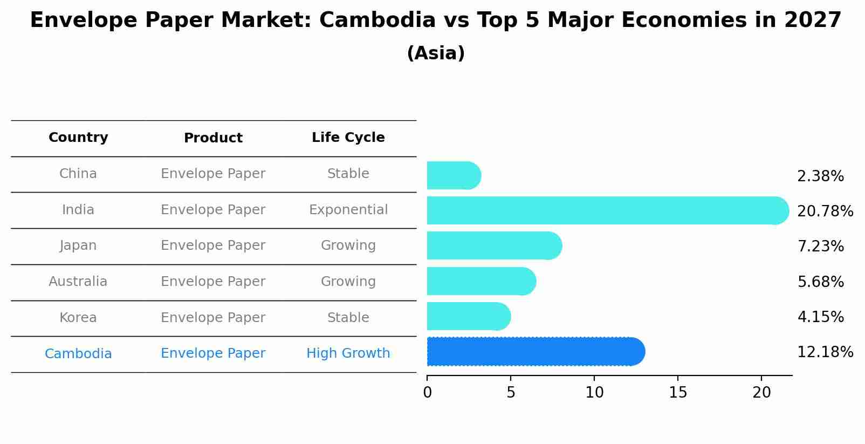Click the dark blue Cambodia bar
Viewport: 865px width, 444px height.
(535, 352)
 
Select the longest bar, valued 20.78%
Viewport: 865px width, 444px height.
(607, 210)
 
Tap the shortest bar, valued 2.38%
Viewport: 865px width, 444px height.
(453, 176)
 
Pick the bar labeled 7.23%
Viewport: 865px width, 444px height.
(493, 246)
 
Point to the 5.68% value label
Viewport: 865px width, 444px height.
(820, 282)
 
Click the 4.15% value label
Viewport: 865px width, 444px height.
(820, 317)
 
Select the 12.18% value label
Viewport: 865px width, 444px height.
(825, 352)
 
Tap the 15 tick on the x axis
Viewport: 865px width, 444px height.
(678, 393)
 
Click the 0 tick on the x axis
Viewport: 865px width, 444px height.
(428, 393)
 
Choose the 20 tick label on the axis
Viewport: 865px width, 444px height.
(761, 393)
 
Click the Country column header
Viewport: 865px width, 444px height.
(78, 138)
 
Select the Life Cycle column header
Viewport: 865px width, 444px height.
(348, 138)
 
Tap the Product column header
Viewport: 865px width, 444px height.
(213, 138)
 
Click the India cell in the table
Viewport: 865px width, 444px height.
(78, 210)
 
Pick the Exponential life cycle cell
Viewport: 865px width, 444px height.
(348, 210)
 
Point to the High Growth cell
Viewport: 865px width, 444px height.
(348, 353)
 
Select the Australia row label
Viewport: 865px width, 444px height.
(78, 282)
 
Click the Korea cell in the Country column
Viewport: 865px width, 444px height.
(78, 318)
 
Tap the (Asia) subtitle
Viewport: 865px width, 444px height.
(436, 53)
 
